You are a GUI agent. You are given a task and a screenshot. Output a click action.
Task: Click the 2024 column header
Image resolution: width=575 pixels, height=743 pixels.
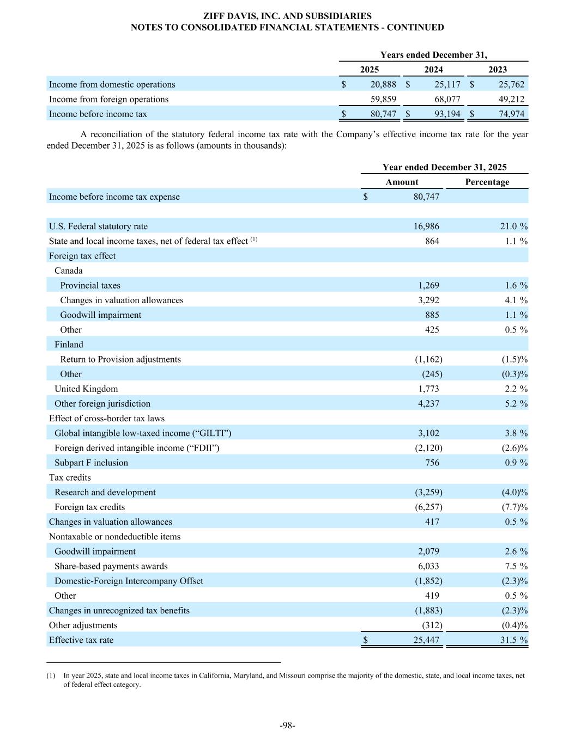(x=433, y=69)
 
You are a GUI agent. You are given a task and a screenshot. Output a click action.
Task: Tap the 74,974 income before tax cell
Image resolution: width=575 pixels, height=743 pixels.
(x=511, y=114)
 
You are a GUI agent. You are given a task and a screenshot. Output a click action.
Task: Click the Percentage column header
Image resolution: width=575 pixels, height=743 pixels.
(x=487, y=182)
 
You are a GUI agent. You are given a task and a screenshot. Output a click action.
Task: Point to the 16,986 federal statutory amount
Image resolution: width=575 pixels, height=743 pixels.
(x=426, y=226)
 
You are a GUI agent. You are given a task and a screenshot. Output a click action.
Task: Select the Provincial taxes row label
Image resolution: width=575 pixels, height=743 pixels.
(x=90, y=285)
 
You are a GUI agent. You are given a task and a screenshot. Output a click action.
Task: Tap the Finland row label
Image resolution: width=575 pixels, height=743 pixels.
(x=69, y=345)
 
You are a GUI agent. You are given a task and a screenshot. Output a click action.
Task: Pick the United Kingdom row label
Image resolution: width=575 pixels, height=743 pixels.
(x=86, y=389)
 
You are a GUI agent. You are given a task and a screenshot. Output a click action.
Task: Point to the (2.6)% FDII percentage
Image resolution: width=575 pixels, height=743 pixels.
(x=515, y=448)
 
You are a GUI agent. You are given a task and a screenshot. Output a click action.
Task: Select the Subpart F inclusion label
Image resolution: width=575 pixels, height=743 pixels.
(x=91, y=463)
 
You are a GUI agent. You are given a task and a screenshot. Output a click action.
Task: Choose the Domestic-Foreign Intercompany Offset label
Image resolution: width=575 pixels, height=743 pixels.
(x=129, y=581)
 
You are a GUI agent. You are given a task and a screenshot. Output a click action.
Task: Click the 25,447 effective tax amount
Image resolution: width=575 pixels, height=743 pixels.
(x=426, y=640)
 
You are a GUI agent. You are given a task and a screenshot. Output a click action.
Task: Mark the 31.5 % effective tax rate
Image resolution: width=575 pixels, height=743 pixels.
(x=513, y=640)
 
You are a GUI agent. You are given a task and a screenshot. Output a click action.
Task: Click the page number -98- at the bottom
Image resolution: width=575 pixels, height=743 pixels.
(x=287, y=725)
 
